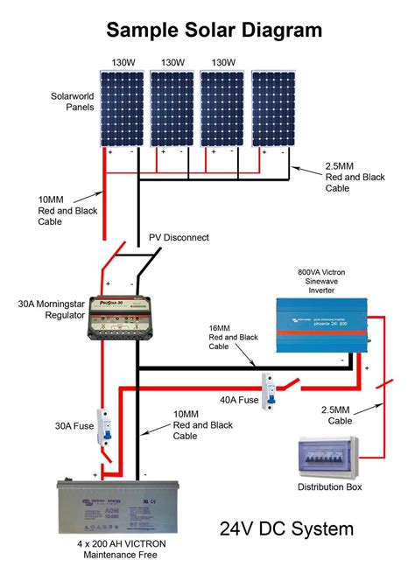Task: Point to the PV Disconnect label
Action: (x=179, y=237)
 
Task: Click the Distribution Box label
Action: (x=329, y=486)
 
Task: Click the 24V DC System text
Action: (x=286, y=529)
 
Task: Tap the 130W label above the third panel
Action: (x=223, y=62)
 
